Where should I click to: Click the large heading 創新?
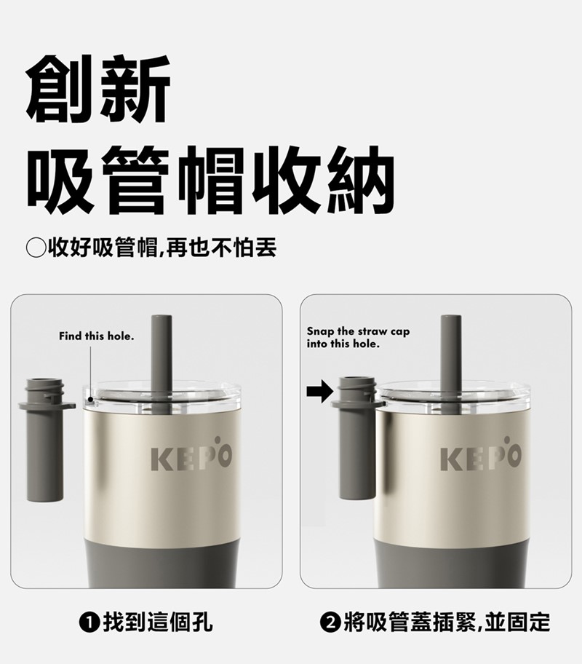pos(98,89)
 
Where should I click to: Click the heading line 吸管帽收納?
pos(211,180)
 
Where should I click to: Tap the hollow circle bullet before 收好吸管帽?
pos(36,248)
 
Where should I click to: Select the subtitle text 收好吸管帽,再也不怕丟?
pos(162,248)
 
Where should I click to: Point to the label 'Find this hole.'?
pos(97,336)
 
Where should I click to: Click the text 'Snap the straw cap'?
pos(358,331)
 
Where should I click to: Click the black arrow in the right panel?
pos(320,391)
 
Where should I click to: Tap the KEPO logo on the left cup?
pos(191,454)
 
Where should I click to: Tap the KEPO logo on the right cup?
pos(481,454)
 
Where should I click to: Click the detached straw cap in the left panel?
pos(45,440)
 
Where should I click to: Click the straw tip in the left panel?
pos(162,318)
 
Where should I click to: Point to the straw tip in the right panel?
pos(451,318)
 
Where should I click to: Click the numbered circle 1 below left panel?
pos(89,622)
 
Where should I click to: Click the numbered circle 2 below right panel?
pos(330,622)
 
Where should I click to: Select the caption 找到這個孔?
pos(157,622)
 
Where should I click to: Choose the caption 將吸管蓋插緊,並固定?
pos(447,622)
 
